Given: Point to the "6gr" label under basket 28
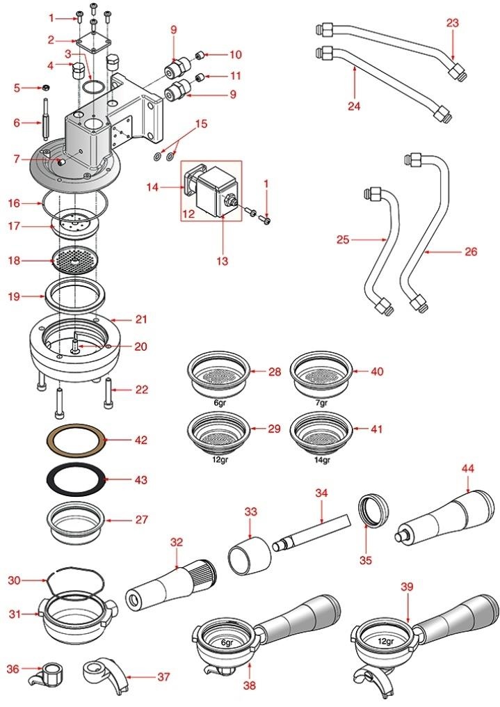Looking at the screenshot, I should point(219,403).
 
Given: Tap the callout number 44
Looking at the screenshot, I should point(467,469).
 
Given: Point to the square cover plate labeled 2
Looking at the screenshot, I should point(93,41).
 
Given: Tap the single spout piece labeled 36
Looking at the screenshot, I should point(51,674).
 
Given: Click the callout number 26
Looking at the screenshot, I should point(471,251).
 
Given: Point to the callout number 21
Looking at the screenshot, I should point(142,319).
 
